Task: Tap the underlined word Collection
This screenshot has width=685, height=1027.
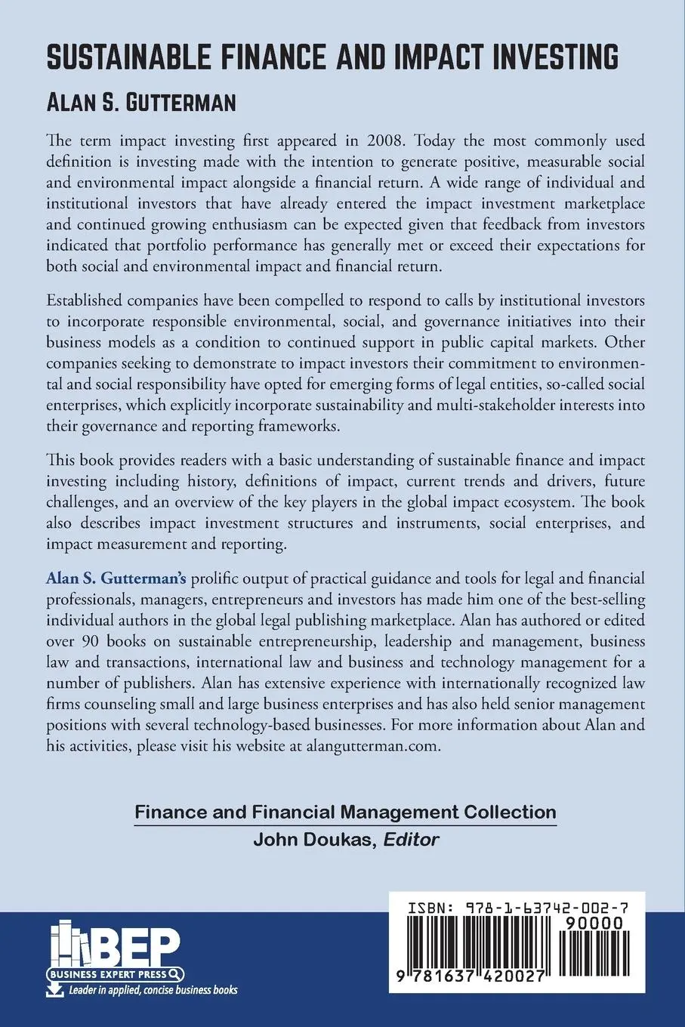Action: [509, 812]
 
